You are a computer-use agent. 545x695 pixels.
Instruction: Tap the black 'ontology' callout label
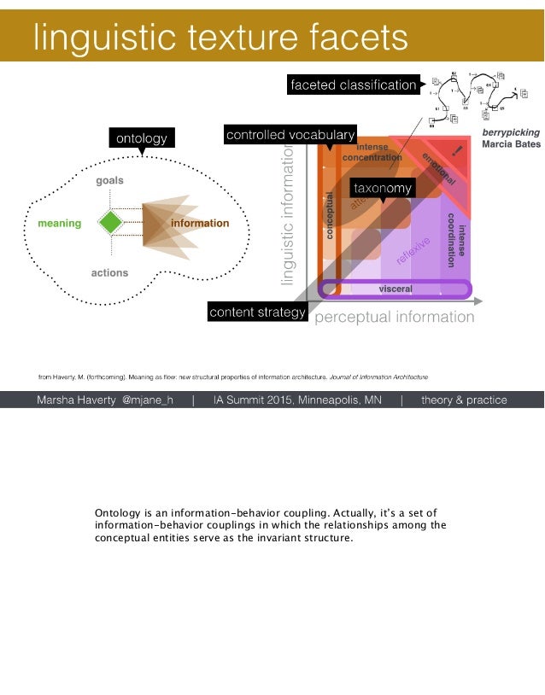141,137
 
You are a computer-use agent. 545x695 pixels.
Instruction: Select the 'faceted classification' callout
352,85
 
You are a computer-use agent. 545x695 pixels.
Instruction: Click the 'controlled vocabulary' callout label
290,135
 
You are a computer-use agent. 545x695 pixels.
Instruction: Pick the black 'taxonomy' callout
383,188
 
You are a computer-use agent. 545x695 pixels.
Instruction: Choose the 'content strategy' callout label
257,312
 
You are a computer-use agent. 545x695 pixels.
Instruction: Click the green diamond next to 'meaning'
110,223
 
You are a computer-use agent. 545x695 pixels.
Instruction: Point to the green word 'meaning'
60,224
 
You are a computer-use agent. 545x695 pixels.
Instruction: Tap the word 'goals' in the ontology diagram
109,181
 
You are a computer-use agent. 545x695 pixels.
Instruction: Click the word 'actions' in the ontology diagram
109,273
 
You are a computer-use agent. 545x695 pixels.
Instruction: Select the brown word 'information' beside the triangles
200,224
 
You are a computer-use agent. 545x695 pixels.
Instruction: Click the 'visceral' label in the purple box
396,289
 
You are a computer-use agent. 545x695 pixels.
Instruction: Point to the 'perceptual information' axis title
394,318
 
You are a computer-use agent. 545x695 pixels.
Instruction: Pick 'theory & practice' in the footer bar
464,400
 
